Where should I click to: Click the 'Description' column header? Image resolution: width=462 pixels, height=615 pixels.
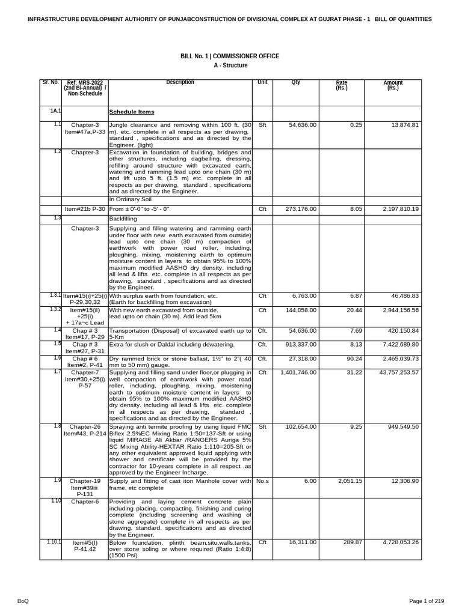(180, 82)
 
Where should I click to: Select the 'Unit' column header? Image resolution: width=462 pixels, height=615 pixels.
(262, 82)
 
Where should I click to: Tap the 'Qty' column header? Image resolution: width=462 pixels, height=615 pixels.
(295, 82)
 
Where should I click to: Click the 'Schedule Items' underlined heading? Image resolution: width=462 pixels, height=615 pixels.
(131, 112)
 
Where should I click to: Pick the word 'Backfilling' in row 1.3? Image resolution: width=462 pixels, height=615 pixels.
(123, 219)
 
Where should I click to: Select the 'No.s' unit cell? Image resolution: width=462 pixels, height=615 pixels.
(262, 481)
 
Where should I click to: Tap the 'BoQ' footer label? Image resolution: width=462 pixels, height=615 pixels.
(23, 601)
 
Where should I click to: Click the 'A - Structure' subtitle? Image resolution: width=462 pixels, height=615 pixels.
(230, 65)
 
